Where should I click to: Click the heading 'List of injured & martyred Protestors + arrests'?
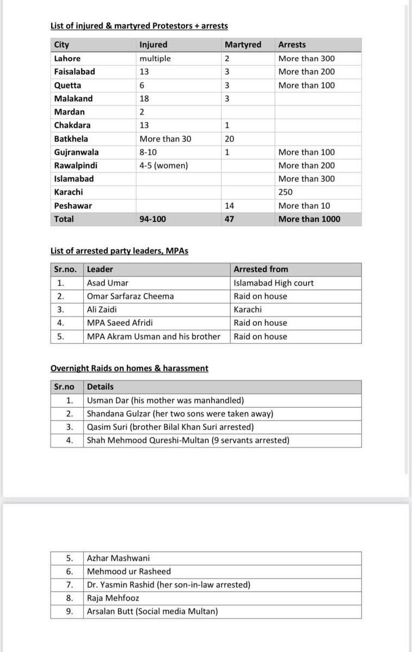click(x=139, y=26)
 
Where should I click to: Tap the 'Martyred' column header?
click(x=243, y=45)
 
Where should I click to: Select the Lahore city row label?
click(x=67, y=58)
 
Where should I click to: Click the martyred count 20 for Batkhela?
click(x=229, y=139)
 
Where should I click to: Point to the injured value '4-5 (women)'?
click(x=163, y=165)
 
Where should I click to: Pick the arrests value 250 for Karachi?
click(x=286, y=192)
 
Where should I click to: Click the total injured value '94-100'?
click(x=153, y=219)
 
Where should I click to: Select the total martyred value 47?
click(x=229, y=219)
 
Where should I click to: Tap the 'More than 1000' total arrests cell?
click(x=309, y=219)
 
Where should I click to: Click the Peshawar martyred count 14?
click(x=229, y=206)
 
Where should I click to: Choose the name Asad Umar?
click(x=108, y=283)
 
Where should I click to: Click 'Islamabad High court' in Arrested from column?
click(x=274, y=283)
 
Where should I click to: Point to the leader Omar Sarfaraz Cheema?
click(x=130, y=296)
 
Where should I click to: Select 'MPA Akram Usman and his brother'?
click(x=153, y=337)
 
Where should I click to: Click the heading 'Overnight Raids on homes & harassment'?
click(x=129, y=368)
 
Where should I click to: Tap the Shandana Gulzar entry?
click(x=180, y=414)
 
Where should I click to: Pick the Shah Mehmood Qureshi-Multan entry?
click(x=188, y=440)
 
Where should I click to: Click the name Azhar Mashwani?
click(x=118, y=558)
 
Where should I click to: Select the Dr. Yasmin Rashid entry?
click(x=168, y=585)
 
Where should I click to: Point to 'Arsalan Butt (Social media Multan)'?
click(x=152, y=611)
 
